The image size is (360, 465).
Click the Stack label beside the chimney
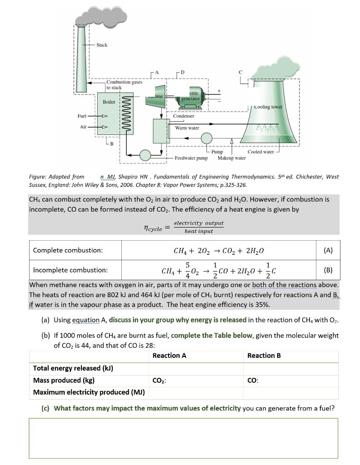click(x=102, y=45)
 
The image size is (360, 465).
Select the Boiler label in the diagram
click(x=109, y=102)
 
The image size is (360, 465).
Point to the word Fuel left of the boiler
click(x=82, y=116)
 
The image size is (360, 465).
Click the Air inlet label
click(x=83, y=127)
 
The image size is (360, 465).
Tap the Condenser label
click(x=184, y=116)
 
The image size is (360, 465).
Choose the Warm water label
click(x=187, y=128)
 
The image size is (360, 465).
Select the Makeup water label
click(x=231, y=158)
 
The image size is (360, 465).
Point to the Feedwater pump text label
click(x=191, y=158)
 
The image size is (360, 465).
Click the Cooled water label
click(x=260, y=152)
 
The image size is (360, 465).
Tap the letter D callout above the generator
click(x=182, y=72)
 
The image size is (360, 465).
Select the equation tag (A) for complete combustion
click(x=328, y=250)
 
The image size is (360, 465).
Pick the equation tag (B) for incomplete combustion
click(x=328, y=270)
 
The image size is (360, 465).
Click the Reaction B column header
click(x=264, y=356)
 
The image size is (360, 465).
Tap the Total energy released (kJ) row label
click(x=73, y=368)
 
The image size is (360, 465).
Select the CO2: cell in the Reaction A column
click(x=159, y=381)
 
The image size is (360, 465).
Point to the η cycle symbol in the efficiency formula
click(x=153, y=228)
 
